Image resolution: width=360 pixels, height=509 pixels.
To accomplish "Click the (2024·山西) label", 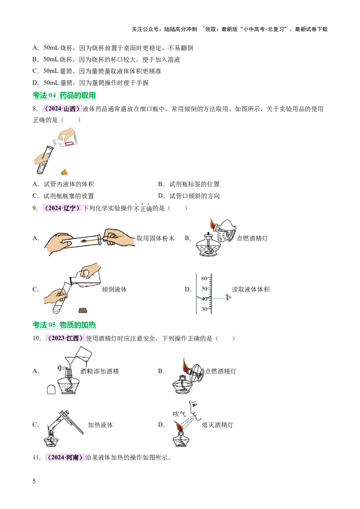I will (x=61, y=109).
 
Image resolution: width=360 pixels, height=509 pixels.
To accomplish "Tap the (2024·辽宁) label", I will (x=61, y=208).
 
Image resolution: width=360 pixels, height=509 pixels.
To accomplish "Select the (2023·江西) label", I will (x=64, y=338).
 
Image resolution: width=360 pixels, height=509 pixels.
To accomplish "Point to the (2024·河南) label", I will (x=64, y=458).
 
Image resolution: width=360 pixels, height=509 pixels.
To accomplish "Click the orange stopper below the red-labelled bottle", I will (x=64, y=171).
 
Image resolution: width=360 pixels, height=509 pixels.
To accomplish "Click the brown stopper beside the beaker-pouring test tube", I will (x=82, y=309).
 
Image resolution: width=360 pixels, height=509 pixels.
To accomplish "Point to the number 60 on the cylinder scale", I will (x=204, y=278).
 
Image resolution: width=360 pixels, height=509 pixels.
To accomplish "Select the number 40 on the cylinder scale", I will (x=204, y=299).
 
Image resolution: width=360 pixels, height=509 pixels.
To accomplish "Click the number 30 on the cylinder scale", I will (x=204, y=309).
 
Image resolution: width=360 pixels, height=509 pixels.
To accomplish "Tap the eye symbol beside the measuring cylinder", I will (x=229, y=297).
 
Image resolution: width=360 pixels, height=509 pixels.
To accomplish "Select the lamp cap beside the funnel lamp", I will (x=51, y=389).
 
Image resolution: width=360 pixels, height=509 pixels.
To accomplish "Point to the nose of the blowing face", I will (x=191, y=411).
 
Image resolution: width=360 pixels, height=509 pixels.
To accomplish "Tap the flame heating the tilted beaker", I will (x=212, y=223).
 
